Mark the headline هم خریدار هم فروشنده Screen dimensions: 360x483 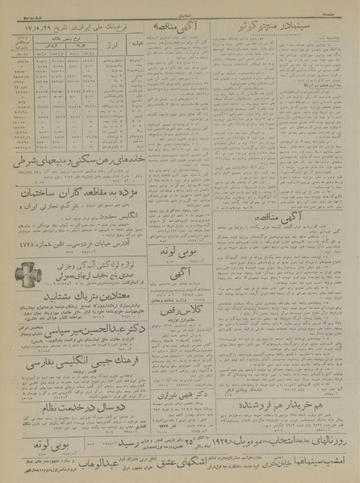pyautogui.click(x=284, y=380)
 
